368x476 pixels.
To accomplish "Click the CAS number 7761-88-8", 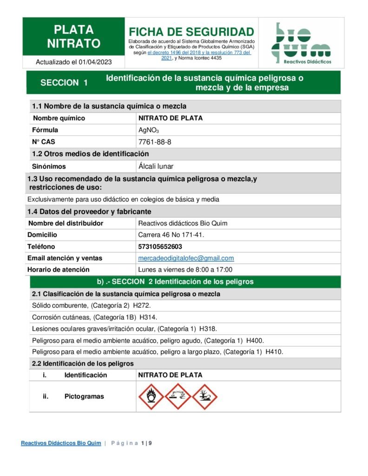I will tap(155, 142).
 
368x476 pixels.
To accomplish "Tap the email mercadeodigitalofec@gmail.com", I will tap(186, 258).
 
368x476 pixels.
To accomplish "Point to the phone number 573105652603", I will tap(160, 246).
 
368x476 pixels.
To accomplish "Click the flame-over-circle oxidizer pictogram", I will tap(151, 397).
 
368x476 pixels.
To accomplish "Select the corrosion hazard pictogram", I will tap(178, 397).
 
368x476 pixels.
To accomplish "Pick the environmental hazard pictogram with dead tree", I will tap(204, 397).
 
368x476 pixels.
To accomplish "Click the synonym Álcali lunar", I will tap(156, 166).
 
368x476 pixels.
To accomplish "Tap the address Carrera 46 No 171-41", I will tap(171, 235).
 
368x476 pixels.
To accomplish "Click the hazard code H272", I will tap(142, 305).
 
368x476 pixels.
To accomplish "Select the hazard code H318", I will tap(207, 329).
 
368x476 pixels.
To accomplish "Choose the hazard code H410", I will tap(274, 352).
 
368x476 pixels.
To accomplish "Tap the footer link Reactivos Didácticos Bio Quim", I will tap(61, 443).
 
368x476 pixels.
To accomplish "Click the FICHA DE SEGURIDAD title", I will tap(191, 32).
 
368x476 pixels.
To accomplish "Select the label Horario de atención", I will tap(59, 270).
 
